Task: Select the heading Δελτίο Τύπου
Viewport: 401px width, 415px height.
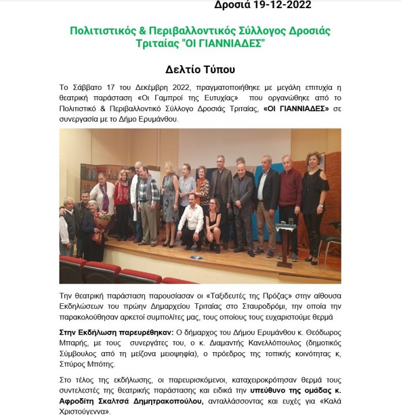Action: pos(200,70)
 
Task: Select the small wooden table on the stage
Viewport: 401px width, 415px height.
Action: pos(285,242)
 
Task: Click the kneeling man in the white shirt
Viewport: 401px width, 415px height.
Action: pos(191,221)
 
